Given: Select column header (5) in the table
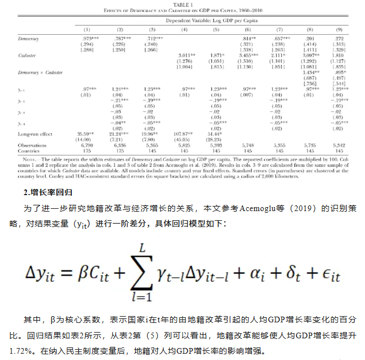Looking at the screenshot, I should pos(216,29).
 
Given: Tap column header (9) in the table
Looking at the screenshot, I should pos(339,29).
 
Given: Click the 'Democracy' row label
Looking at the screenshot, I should pos(28,38).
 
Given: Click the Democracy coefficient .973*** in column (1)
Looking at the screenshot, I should pos(87,38).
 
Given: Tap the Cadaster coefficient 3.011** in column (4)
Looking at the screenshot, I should pos(185,56).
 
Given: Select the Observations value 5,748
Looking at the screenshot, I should pos(248,146).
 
